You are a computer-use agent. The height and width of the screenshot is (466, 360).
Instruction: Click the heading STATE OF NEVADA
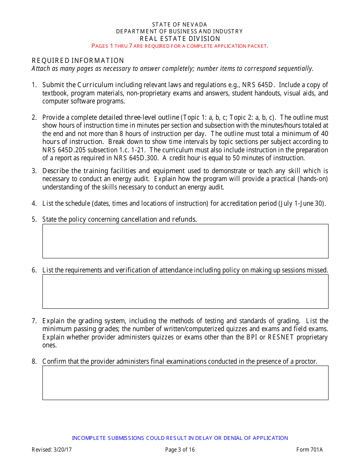coord(180,25)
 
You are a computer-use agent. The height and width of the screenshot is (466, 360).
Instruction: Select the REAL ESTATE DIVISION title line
coord(180,39)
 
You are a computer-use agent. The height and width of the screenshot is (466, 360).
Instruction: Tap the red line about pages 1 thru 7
coord(180,46)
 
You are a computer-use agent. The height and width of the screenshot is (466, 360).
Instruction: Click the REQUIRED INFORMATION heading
coord(78,61)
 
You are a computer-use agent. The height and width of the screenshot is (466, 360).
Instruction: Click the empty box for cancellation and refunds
coord(185,241)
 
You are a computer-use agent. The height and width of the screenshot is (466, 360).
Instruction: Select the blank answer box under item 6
coord(185,291)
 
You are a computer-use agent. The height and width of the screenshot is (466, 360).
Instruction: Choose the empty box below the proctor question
coord(185,383)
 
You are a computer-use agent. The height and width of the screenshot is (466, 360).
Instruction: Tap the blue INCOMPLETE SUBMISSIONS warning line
coord(180,438)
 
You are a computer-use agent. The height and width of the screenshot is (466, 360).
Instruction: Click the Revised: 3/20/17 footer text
coord(52,450)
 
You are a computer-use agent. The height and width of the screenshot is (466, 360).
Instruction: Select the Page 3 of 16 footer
coord(180,450)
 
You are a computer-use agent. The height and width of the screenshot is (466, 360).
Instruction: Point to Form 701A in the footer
coord(309,450)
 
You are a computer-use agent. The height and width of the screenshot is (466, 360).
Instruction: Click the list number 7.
coord(34,321)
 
